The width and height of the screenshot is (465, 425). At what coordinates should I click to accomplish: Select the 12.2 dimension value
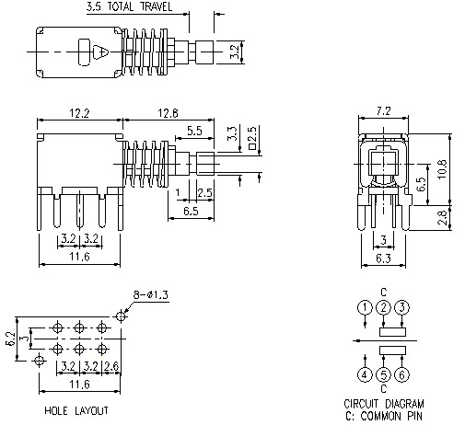pyautogui.click(x=78, y=113)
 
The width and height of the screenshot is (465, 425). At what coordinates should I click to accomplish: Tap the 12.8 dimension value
pyautogui.click(x=167, y=113)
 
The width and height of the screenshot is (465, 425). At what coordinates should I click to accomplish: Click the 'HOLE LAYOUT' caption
pyautogui.click(x=76, y=410)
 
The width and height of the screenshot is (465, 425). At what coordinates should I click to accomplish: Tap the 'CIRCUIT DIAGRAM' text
pyautogui.click(x=384, y=403)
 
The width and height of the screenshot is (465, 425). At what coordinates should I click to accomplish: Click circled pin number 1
pyautogui.click(x=366, y=307)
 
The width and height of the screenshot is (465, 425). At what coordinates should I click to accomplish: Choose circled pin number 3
pyautogui.click(x=401, y=307)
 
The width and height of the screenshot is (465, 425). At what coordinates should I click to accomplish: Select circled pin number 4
pyautogui.click(x=366, y=374)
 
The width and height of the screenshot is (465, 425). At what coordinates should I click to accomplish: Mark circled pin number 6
pyautogui.click(x=401, y=374)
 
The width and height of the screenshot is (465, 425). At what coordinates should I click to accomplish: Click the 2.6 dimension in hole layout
pyautogui.click(x=112, y=365)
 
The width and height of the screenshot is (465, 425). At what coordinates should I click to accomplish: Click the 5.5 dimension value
pyautogui.click(x=194, y=132)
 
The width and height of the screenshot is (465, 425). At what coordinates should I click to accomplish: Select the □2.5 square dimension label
pyautogui.click(x=251, y=140)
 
